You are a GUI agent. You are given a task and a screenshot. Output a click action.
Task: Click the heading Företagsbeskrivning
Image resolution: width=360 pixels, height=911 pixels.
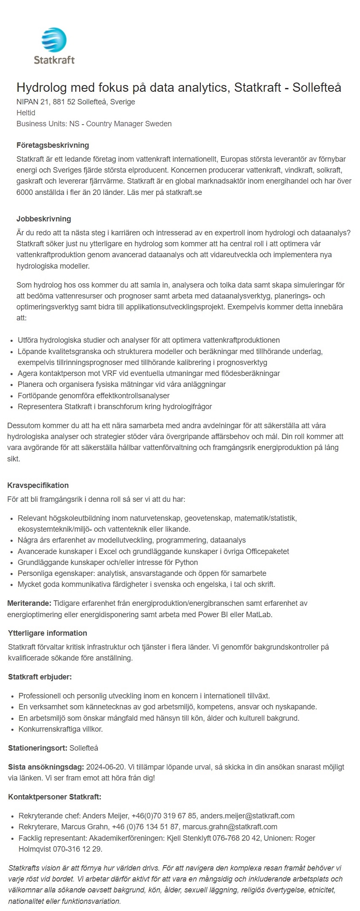tap(53, 145)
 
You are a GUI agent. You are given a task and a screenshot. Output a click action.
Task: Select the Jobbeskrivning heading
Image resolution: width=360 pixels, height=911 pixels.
tap(43, 219)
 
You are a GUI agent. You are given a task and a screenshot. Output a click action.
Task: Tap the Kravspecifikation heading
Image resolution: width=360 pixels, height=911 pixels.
tap(38, 485)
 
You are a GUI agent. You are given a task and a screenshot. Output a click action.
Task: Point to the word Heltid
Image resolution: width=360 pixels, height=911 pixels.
tap(26, 113)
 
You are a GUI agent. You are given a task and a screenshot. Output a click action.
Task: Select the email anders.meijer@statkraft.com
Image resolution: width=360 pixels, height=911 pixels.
tap(248, 816)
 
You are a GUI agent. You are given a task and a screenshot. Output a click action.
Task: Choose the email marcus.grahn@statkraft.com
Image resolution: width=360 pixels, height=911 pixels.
tap(230, 827)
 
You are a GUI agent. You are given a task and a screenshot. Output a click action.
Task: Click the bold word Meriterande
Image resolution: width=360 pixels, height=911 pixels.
tap(29, 603)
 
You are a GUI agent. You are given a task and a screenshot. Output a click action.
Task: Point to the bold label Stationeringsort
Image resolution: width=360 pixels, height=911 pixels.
tap(37, 748)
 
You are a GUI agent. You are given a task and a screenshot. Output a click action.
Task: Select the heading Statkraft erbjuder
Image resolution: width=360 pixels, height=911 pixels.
tap(40, 677)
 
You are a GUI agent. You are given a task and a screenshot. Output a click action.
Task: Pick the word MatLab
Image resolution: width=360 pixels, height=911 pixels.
tap(260, 614)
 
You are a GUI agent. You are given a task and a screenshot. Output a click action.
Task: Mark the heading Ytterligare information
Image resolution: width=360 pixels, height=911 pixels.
tap(48, 633)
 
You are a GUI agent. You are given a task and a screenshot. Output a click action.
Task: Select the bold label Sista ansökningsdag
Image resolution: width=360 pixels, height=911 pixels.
tap(46, 767)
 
